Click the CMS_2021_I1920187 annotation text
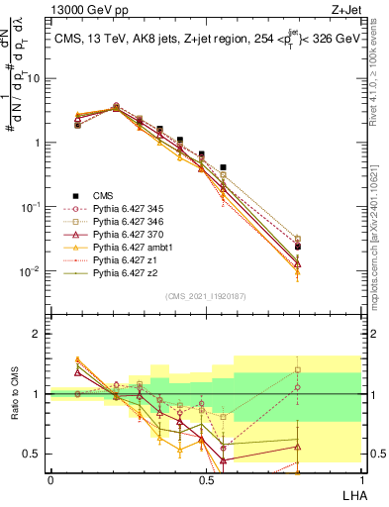(205, 296)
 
